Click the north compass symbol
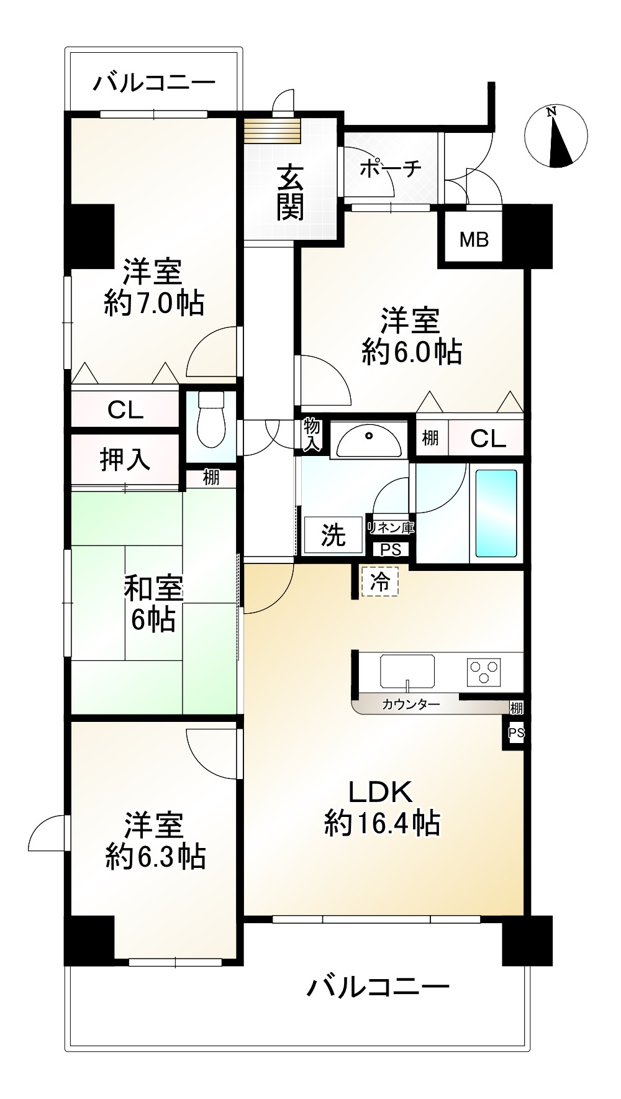(556, 137)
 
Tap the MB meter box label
(474, 239)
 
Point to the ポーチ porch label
(391, 168)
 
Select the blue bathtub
(496, 513)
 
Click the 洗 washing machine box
(333, 535)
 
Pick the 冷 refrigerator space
(379, 582)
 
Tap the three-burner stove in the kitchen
(484, 672)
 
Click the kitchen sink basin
(407, 671)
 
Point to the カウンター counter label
(410, 705)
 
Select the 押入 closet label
(125, 459)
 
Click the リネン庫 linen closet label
(391, 528)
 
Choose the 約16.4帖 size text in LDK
(382, 824)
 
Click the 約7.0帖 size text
(154, 303)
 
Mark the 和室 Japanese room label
(153, 588)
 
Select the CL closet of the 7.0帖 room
(125, 409)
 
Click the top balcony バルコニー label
(154, 82)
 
